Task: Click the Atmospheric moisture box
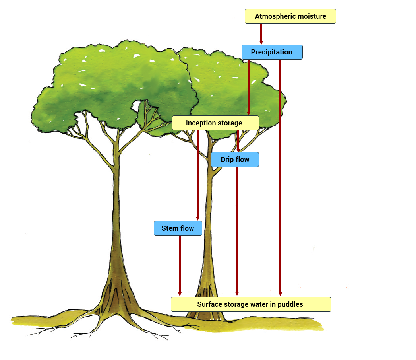click(x=290, y=16)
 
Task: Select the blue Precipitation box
click(x=272, y=52)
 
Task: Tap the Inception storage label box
click(x=215, y=123)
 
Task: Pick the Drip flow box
click(x=235, y=160)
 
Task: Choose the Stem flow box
click(x=178, y=228)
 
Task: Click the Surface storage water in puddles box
click(x=251, y=304)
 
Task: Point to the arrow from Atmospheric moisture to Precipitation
click(x=261, y=34)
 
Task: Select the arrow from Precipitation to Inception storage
click(x=248, y=88)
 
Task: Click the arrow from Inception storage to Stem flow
click(x=197, y=175)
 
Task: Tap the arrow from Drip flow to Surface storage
click(x=237, y=231)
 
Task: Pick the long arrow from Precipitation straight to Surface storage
click(x=280, y=179)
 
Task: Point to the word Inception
click(x=201, y=123)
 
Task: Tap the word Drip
click(x=227, y=160)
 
